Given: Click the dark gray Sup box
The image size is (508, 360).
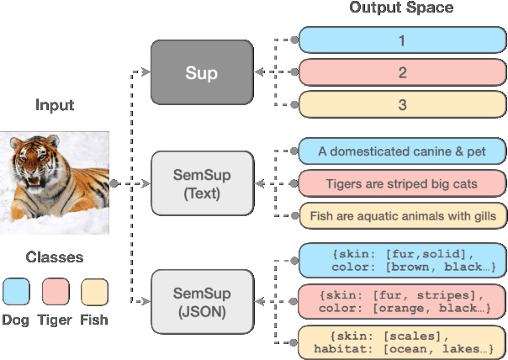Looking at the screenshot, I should point(201,72).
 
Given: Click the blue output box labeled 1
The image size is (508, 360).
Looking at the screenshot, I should point(402,40).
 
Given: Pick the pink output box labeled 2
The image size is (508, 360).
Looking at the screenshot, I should point(402,72).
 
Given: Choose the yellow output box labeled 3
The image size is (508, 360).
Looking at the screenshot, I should point(402,105).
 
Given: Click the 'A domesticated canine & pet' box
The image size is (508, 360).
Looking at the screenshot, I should point(402,151).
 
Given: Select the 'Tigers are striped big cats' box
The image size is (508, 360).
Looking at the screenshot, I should point(402,183).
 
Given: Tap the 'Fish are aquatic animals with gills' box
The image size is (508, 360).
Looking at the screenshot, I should point(402,215).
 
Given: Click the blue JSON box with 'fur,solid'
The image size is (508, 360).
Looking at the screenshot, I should point(402,260).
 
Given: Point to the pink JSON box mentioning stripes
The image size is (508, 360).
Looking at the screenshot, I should point(402,301).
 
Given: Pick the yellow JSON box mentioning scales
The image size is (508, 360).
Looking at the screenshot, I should point(402,342).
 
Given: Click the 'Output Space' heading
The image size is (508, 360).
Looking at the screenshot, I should point(402,8).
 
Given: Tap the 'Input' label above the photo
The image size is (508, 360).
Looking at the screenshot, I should point(55,105).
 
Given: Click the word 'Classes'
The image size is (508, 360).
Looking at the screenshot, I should point(54,257).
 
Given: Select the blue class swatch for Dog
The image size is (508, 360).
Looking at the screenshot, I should point(16,292).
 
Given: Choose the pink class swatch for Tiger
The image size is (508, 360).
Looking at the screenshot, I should point(55,292).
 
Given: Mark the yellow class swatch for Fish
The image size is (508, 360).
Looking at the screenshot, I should point(93,292).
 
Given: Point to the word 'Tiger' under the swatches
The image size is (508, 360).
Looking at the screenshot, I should point(55,320).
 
